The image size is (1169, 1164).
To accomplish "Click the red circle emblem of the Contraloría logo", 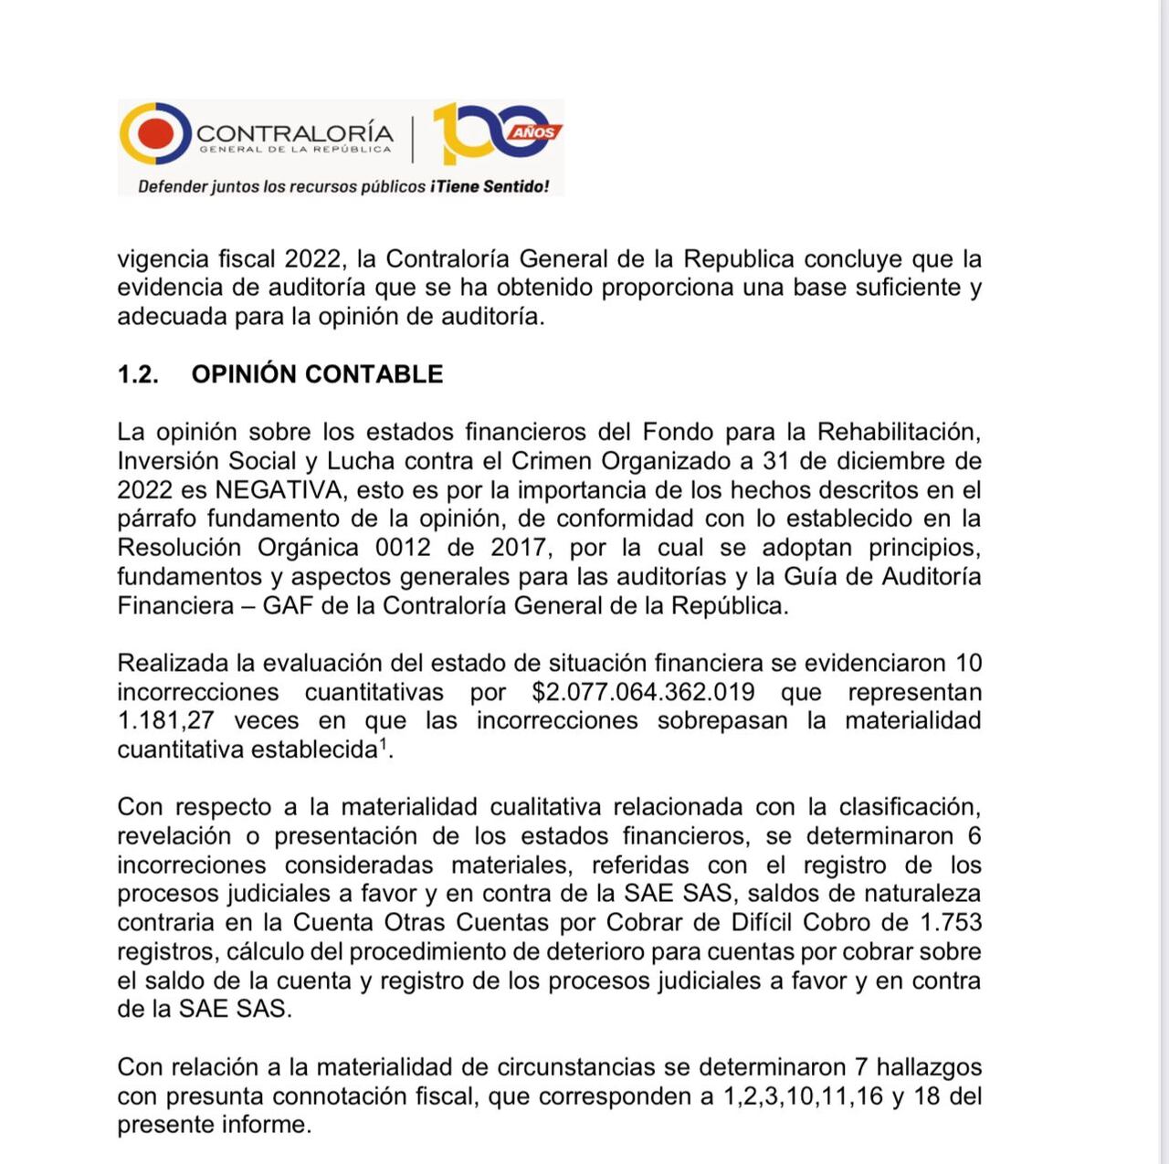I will tap(154, 134).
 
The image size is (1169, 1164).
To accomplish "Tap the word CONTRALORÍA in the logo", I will tap(294, 133).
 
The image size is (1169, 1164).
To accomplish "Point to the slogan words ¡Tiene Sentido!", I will tap(490, 186).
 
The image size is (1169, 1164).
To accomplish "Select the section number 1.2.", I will tap(138, 374).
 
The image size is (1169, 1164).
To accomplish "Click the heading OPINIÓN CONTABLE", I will tap(317, 374).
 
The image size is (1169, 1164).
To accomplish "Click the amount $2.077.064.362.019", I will tap(643, 692).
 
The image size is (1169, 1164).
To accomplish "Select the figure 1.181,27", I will tap(165, 720).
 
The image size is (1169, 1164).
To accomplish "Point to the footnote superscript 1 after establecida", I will tap(384, 744).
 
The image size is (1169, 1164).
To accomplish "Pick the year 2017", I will tap(519, 548).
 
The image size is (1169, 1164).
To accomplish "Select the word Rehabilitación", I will tap(899, 431).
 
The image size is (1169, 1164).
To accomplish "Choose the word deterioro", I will tap(598, 951).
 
